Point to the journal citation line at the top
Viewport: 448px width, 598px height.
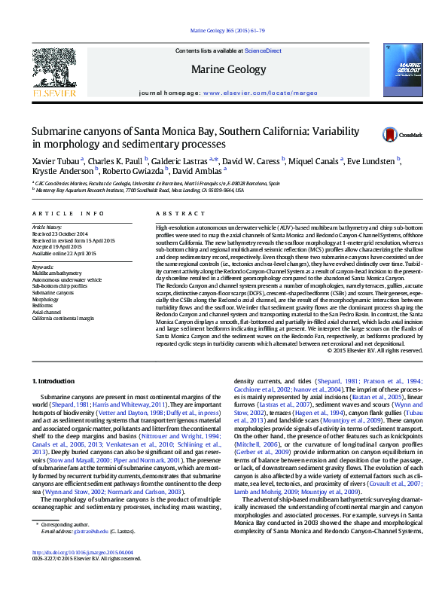tap(224, 31)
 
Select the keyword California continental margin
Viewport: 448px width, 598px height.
tap(63, 318)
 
